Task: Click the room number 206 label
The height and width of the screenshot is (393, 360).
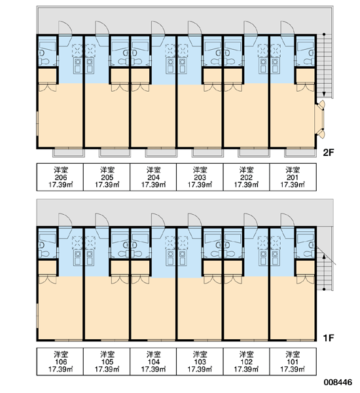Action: coord(61,178)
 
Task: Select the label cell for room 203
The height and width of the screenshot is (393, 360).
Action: coord(200,177)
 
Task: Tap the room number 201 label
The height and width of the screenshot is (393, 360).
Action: coord(293,178)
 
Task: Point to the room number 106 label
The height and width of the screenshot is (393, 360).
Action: coord(61,362)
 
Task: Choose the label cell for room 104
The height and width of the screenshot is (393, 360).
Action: coord(153,362)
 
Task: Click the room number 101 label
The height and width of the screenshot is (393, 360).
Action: coord(293,362)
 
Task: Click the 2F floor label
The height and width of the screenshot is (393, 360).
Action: coord(329,153)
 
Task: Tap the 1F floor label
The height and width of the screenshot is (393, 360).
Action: coord(329,338)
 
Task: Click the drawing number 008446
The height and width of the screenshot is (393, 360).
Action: coord(338,383)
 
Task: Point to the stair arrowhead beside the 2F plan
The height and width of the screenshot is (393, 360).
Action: coord(324,94)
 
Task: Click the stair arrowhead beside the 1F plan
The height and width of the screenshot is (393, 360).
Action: coord(324,256)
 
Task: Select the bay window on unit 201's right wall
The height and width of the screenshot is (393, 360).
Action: coord(320,119)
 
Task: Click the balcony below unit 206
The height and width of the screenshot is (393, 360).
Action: coord(68,153)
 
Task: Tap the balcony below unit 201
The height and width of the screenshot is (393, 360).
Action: coord(300,153)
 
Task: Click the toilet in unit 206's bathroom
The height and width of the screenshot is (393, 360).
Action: coord(44,61)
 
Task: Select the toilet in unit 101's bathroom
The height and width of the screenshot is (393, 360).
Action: coord(308,253)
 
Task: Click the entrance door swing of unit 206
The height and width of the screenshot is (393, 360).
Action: coord(65,28)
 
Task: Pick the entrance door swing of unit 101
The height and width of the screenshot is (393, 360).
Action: coord(287,220)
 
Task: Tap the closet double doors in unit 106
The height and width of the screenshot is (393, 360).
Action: coord(47,280)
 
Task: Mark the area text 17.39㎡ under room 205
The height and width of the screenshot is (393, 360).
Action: coord(107,185)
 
